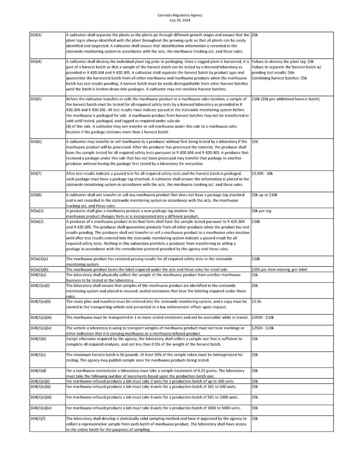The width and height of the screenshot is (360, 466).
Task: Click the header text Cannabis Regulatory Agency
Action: [180, 15]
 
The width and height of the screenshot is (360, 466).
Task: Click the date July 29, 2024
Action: [180, 20]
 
